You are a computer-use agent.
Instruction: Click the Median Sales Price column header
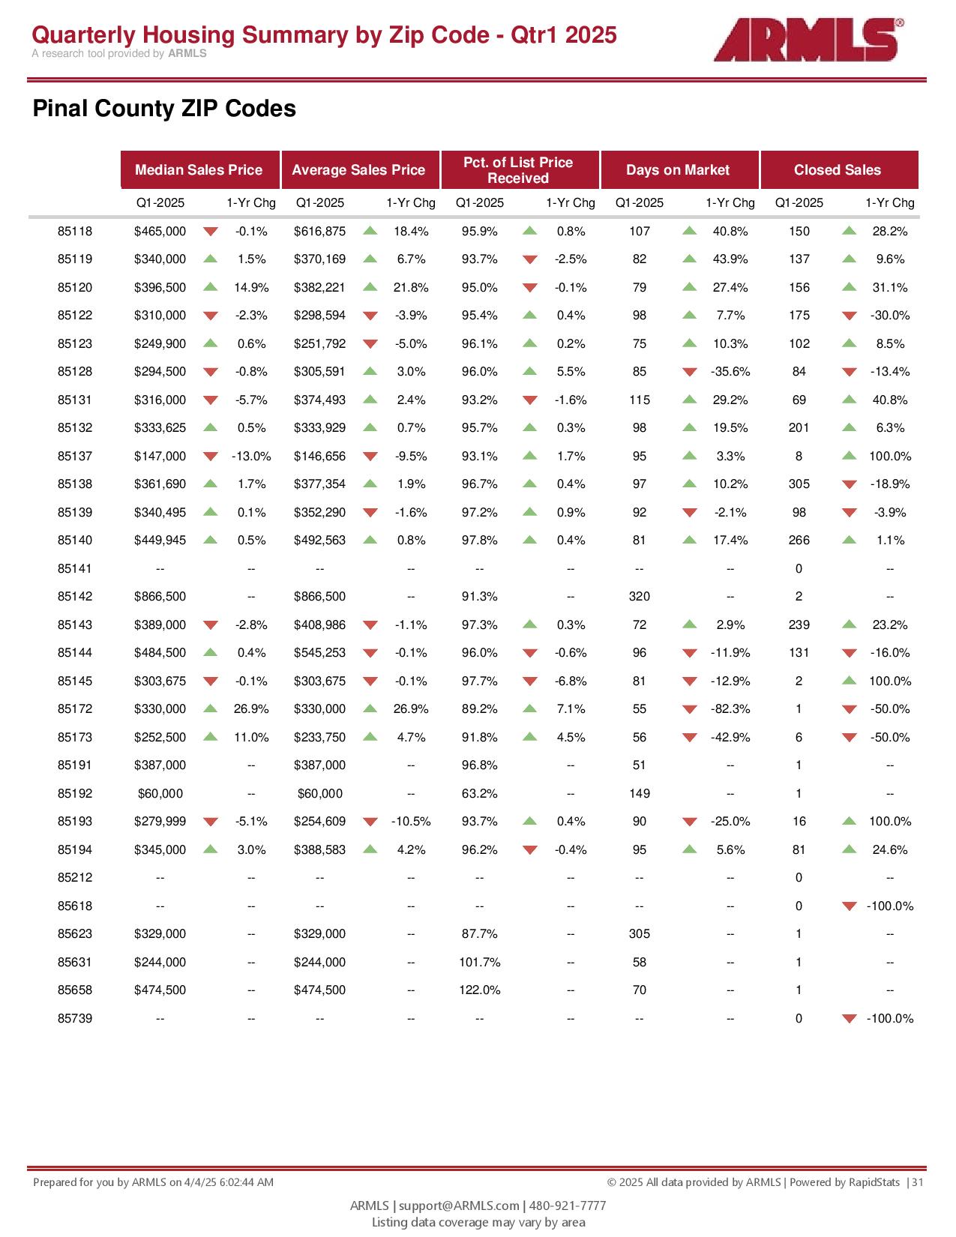(199, 170)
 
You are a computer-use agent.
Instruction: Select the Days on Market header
(678, 170)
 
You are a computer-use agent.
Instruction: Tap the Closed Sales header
(838, 170)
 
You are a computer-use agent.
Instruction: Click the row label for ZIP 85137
(75, 457)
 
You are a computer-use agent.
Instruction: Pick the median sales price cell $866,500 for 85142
(160, 597)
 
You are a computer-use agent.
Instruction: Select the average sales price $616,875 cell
(319, 232)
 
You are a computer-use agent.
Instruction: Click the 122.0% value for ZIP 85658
(480, 990)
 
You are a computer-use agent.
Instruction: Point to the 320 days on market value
(640, 597)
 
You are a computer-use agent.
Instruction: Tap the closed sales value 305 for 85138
(799, 484)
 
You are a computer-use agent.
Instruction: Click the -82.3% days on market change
(730, 709)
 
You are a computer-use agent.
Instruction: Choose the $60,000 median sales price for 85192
(160, 794)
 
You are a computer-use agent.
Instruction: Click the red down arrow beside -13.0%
(211, 457)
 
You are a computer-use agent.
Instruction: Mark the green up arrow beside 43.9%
(690, 259)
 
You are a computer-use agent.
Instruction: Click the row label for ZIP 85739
(75, 1019)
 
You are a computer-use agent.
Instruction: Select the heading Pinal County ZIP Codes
(164, 109)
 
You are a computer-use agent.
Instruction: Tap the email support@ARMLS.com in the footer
(459, 1206)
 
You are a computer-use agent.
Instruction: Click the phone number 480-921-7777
(568, 1206)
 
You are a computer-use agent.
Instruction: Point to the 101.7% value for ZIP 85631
(480, 963)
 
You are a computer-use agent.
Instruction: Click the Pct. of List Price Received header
(518, 170)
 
